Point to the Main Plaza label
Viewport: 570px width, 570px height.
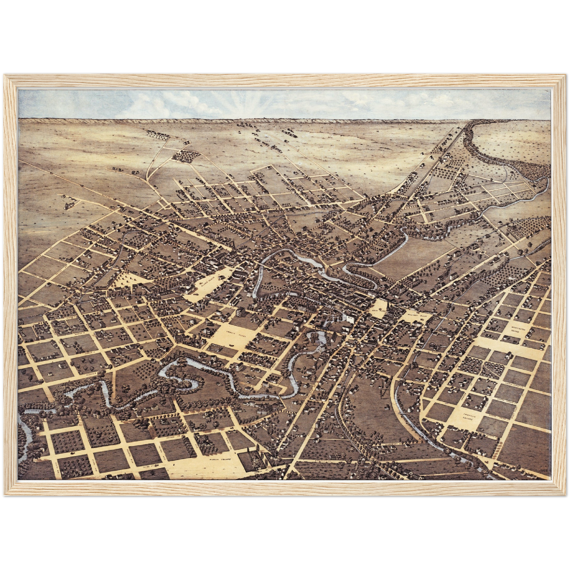click(x=380, y=310)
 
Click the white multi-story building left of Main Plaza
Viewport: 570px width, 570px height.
click(x=349, y=317)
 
